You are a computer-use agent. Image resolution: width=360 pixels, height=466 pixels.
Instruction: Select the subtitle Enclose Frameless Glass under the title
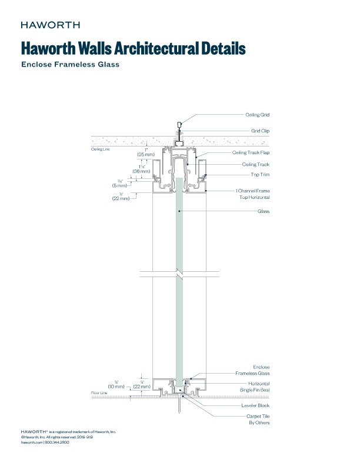[71, 65]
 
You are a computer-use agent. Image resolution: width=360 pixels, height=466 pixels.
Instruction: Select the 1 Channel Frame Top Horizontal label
[253, 194]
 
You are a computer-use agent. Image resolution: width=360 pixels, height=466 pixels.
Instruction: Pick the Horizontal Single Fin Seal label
[256, 387]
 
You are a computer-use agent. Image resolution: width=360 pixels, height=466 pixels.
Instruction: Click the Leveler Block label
[256, 405]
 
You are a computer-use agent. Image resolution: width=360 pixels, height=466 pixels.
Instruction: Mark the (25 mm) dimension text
[146, 154]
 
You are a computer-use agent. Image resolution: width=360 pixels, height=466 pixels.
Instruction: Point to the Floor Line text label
[99, 392]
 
